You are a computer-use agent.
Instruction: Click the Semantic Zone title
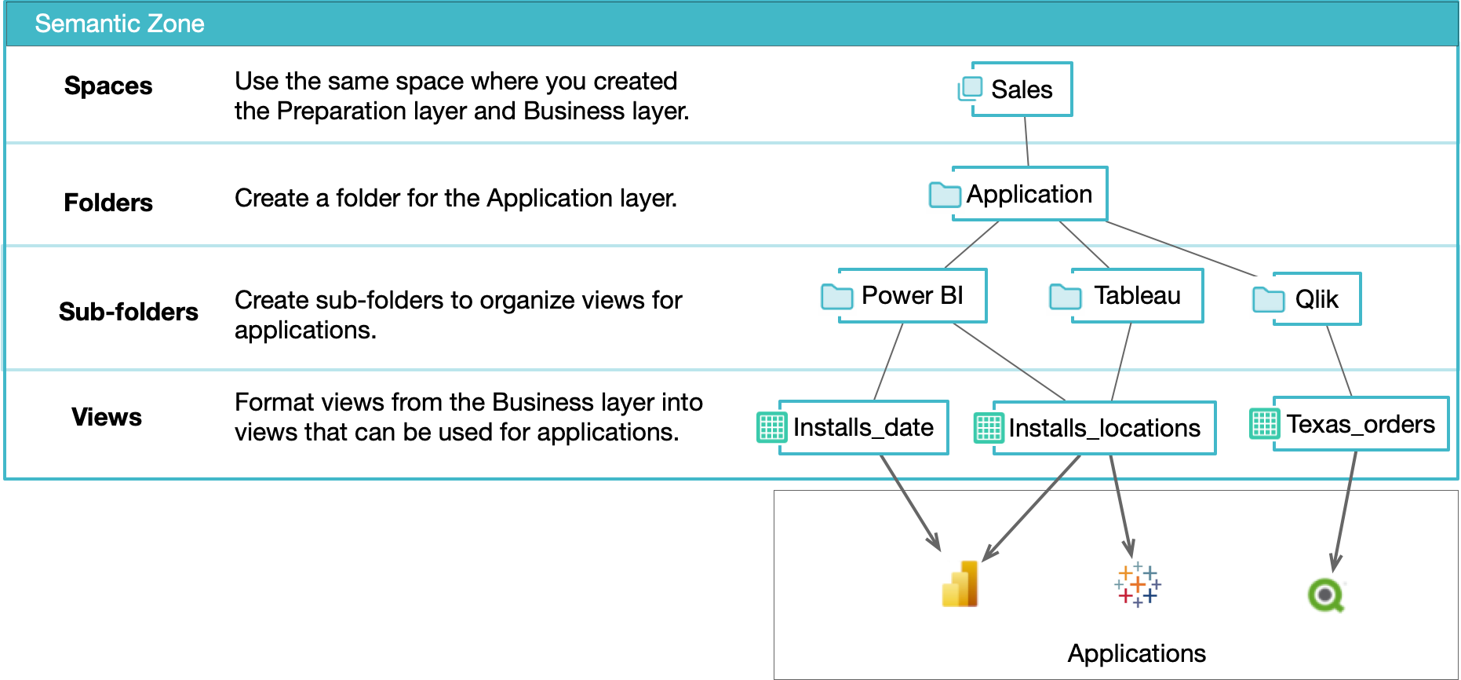pos(119,24)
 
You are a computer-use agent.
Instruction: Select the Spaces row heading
pos(108,86)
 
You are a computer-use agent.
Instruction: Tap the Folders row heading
pos(108,203)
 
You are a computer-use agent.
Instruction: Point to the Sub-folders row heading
pos(129,312)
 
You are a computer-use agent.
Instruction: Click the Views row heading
pos(107,417)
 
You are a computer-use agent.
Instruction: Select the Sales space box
pos(1021,90)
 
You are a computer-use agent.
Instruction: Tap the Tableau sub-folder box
pos(1137,295)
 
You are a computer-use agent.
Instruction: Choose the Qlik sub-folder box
pos(1316,299)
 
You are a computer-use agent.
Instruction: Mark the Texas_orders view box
pos(1360,424)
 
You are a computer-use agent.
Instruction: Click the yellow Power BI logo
pos(960,584)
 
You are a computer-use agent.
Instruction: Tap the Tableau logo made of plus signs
pos(1137,584)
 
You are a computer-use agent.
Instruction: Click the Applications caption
pos(1136,653)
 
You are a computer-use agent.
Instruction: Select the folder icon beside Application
pos(945,194)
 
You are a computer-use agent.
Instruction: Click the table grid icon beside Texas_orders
pos(1264,424)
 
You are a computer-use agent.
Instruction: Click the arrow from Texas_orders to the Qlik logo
pos(1344,510)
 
